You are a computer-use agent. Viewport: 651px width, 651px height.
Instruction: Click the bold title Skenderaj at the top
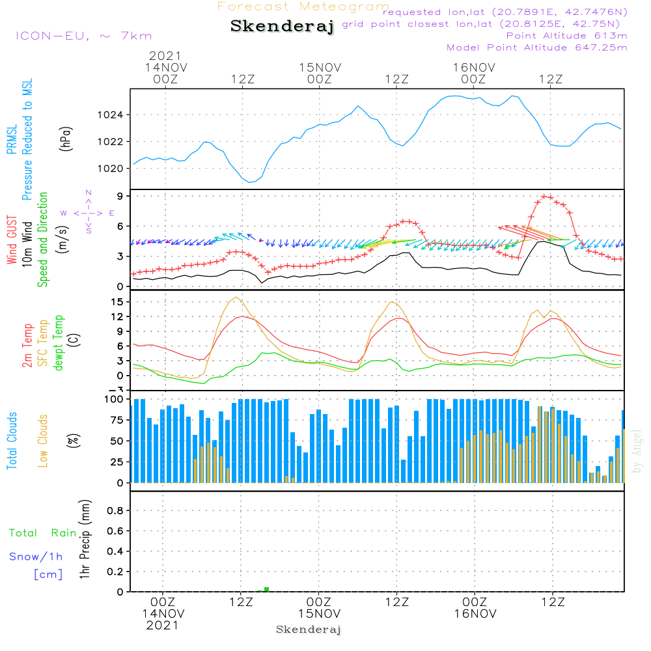pos(282,27)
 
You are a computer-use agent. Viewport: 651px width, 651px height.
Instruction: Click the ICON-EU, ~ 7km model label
pos(83,36)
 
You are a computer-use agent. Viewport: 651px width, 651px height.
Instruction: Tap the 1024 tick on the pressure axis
pos(115,115)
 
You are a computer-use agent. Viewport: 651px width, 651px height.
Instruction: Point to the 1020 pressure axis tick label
pos(115,169)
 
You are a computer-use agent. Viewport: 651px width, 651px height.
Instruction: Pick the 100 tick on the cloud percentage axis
pos(115,399)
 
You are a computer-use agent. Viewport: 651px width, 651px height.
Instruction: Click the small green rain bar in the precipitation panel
pos(266,589)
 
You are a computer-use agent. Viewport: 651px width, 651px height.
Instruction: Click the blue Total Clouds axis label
pos(12,441)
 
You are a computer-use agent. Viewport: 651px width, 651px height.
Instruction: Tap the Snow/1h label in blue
pos(36,557)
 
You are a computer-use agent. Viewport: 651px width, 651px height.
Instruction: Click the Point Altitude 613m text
pos(566,35)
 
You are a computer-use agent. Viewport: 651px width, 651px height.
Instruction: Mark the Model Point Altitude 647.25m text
pos(537,48)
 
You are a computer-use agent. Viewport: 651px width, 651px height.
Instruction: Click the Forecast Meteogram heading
pos(303,7)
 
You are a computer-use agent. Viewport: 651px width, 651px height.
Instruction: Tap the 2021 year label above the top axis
pos(165,56)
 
